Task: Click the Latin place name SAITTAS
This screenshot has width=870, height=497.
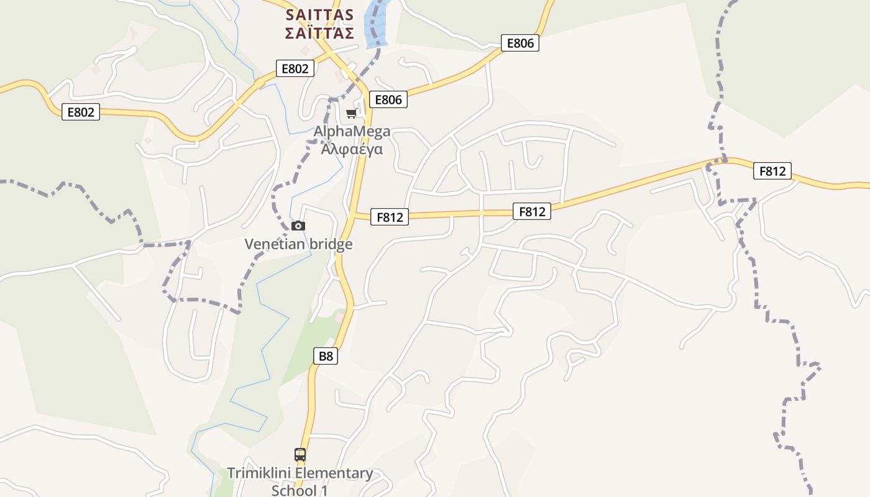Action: pyautogui.click(x=319, y=15)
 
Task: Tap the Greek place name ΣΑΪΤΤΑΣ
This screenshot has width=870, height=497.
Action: pyautogui.click(x=319, y=33)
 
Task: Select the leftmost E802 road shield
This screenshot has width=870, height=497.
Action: pyautogui.click(x=81, y=112)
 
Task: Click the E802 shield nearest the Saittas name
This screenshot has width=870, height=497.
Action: pyautogui.click(x=295, y=68)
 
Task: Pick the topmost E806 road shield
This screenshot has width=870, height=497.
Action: pyautogui.click(x=520, y=43)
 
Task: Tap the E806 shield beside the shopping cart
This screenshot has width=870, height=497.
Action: pyautogui.click(x=388, y=99)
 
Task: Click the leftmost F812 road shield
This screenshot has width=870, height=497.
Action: pyautogui.click(x=390, y=217)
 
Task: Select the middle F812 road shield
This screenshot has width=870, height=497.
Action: pyautogui.click(x=531, y=211)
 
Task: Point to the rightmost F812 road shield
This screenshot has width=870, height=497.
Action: pyautogui.click(x=772, y=171)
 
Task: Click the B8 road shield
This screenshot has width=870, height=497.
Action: pyautogui.click(x=326, y=356)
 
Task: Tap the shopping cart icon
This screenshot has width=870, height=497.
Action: pyautogui.click(x=352, y=113)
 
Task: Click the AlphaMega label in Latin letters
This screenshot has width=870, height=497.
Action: pyautogui.click(x=352, y=131)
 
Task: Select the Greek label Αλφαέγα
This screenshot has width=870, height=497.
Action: pyautogui.click(x=352, y=149)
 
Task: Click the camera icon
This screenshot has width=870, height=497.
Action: pyautogui.click(x=298, y=226)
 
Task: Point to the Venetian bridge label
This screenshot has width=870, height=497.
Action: pyautogui.click(x=298, y=244)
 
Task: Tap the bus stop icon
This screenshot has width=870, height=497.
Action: pyautogui.click(x=300, y=454)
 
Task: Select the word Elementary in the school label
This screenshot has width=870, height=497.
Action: pyautogui.click(x=334, y=473)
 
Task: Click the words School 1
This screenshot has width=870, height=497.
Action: pyautogui.click(x=299, y=490)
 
